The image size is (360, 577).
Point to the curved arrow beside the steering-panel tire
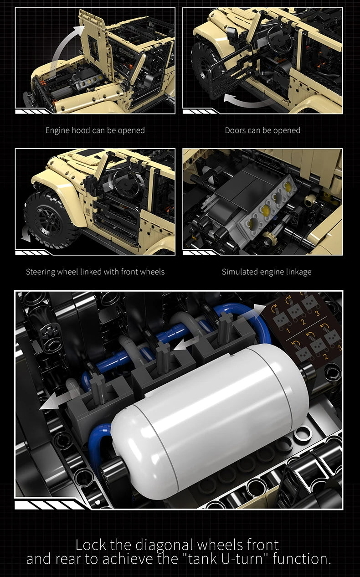tap(26, 234)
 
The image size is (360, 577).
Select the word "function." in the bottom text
tap(302, 559)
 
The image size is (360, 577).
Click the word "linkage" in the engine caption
tap(299, 272)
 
